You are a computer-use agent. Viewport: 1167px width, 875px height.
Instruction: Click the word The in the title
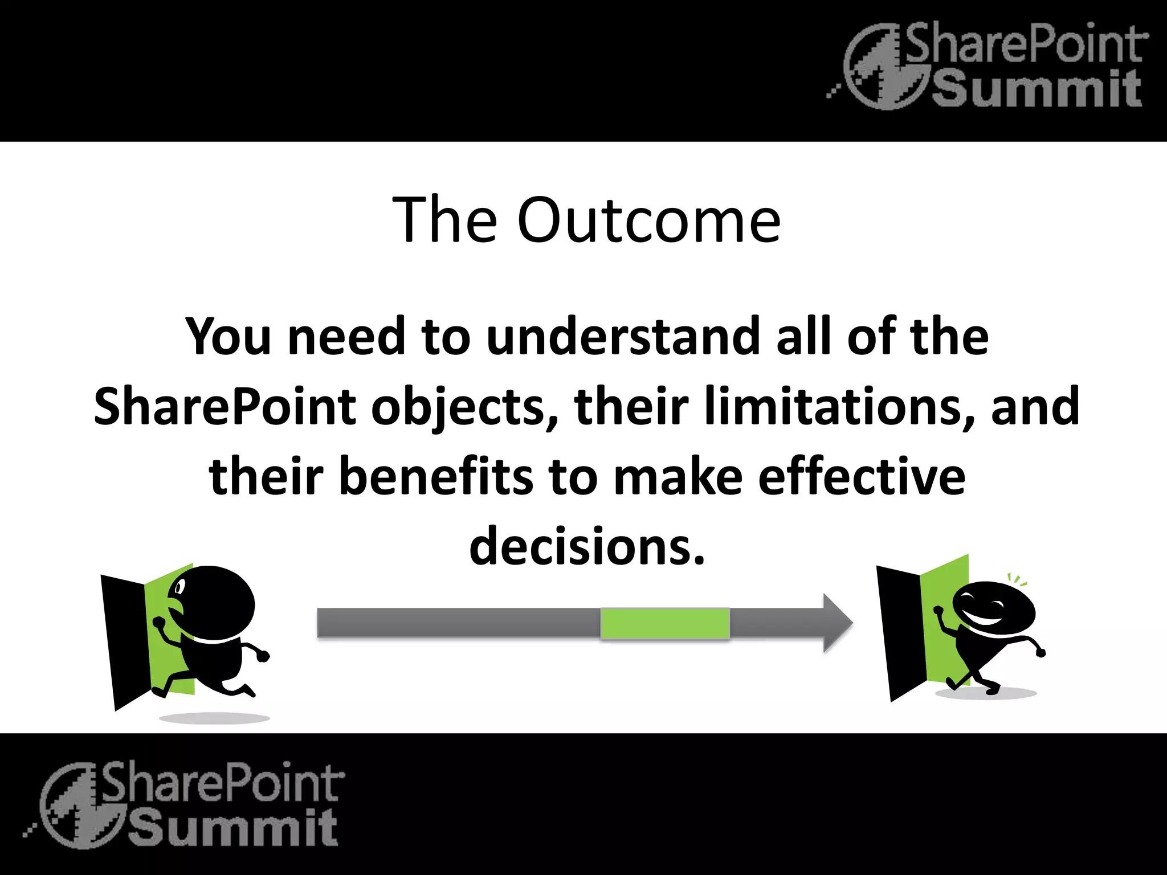pyautogui.click(x=444, y=220)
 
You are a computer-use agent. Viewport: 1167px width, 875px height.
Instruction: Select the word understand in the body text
pyautogui.click(x=623, y=337)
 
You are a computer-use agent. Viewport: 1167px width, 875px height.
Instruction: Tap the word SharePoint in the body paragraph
pyautogui.click(x=225, y=407)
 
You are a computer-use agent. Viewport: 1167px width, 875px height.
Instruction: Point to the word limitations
pyautogui.click(x=839, y=407)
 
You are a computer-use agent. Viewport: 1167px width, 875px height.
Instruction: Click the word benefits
pyautogui.click(x=436, y=477)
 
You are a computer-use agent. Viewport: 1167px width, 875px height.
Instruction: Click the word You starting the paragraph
pyautogui.click(x=228, y=337)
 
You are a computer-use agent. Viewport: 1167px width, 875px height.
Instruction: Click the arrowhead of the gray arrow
pyautogui.click(x=837, y=623)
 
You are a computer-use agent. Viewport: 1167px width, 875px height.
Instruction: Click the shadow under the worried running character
pyautogui.click(x=214, y=718)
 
